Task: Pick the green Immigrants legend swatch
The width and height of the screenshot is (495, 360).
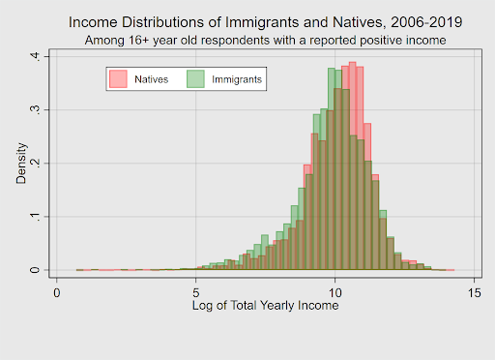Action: [x=194, y=78]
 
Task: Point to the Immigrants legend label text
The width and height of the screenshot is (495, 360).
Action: [x=237, y=78]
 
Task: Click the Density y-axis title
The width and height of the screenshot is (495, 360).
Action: [x=20, y=164]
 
